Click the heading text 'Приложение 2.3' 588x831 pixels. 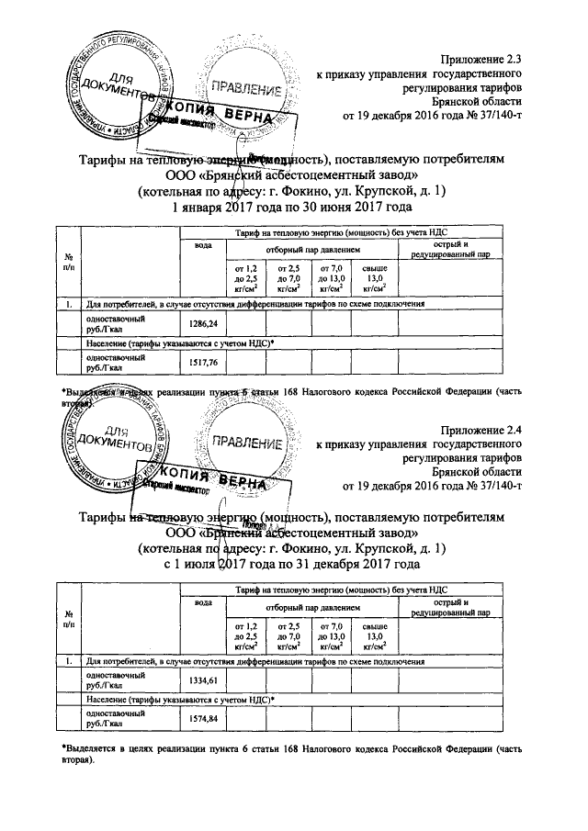pyautogui.click(x=481, y=59)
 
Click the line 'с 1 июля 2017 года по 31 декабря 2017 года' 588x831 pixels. pyautogui.click(x=291, y=564)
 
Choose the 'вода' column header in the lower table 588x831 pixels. pyautogui.click(x=201, y=602)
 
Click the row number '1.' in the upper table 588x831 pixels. pyautogui.click(x=70, y=303)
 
